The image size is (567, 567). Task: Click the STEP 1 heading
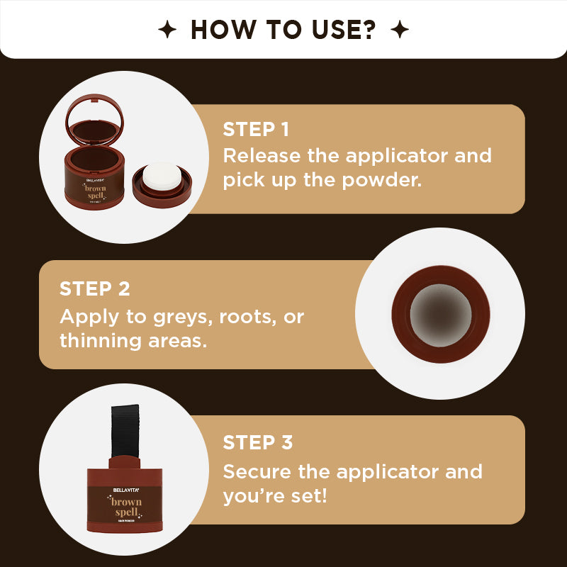coord(256,129)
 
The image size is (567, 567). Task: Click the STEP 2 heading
coord(94,288)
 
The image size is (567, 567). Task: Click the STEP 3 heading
coord(257,442)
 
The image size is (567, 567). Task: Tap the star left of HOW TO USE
coord(167,30)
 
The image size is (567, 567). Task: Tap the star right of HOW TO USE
coord(400,30)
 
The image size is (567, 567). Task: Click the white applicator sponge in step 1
coord(161,176)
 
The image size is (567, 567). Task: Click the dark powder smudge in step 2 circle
coord(439,313)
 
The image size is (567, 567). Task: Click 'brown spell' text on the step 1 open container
coord(95,193)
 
